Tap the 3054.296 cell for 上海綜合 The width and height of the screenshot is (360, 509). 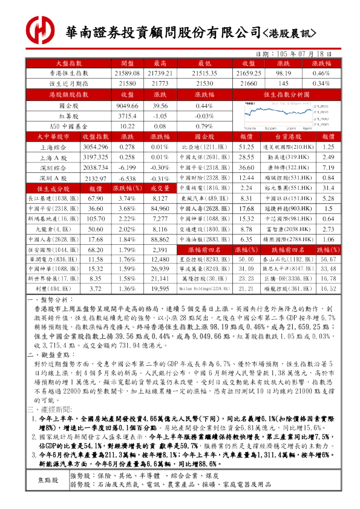click(x=99, y=147)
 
